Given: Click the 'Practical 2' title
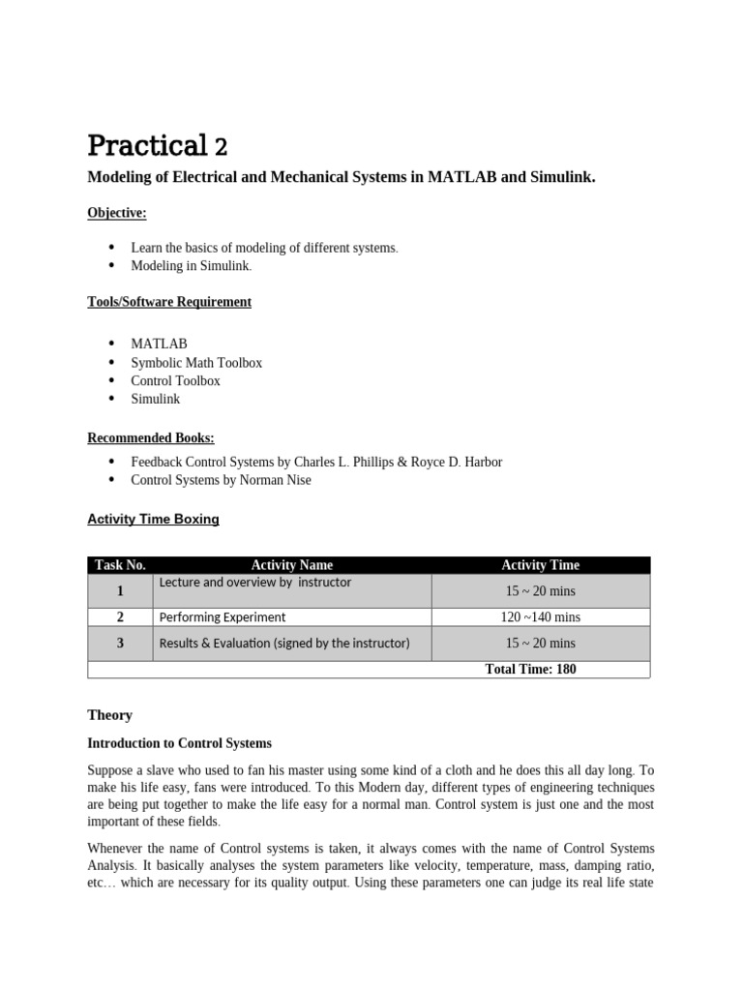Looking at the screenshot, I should click(x=157, y=146).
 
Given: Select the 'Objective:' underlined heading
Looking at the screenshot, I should click(x=117, y=212).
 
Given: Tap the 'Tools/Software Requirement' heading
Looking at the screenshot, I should click(x=169, y=302).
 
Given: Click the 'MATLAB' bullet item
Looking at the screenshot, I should click(x=159, y=344).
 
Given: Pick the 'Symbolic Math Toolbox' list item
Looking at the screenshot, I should click(x=196, y=362).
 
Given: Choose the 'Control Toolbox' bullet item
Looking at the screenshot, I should click(x=175, y=380).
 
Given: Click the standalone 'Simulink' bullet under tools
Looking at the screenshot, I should click(x=155, y=399).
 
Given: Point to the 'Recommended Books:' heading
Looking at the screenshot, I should click(x=151, y=438).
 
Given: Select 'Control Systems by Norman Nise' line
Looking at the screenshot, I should click(x=221, y=480).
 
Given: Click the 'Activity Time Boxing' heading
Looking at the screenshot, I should click(x=153, y=520).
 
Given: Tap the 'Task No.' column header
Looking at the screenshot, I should click(x=120, y=565).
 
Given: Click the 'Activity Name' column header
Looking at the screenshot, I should click(x=291, y=565).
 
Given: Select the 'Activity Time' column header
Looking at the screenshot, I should click(x=540, y=565).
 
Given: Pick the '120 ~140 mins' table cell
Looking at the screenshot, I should click(x=540, y=616).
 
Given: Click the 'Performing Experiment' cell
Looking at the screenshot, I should click(x=223, y=616).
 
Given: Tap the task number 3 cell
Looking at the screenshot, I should click(x=120, y=643).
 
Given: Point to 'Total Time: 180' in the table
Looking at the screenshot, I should click(x=530, y=669).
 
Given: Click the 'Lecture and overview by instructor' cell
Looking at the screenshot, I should click(x=255, y=583).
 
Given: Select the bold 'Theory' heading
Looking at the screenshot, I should click(x=109, y=715).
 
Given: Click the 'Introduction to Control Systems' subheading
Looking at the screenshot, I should click(x=179, y=744).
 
